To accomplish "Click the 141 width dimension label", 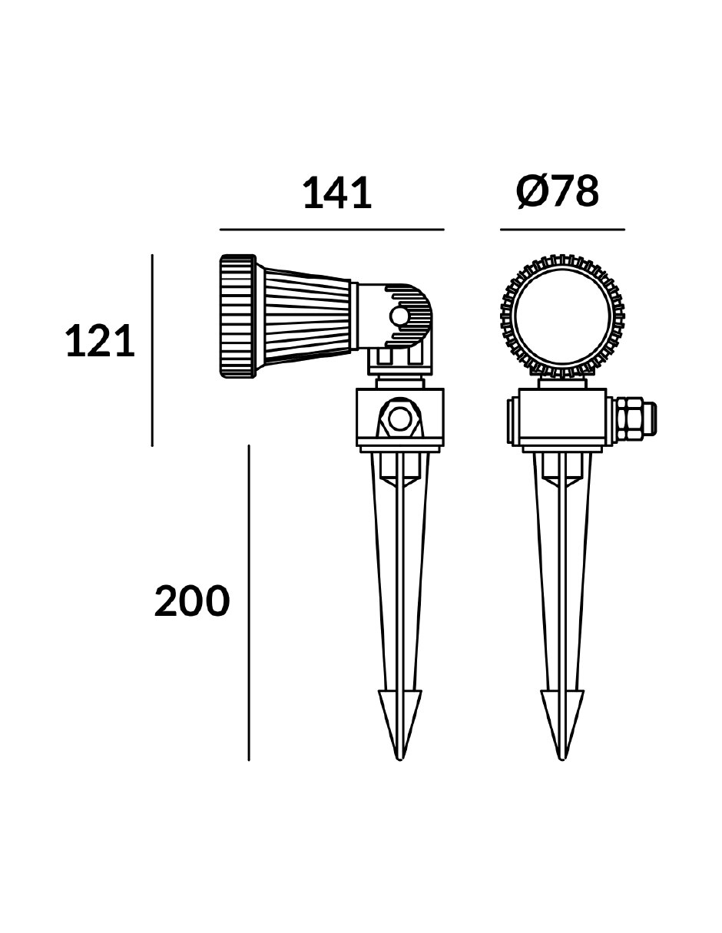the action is pyautogui.click(x=337, y=194).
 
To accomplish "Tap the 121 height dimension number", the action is pyautogui.click(x=100, y=341).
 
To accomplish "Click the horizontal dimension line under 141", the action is pyautogui.click(x=332, y=230).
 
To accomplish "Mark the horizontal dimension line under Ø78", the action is pyautogui.click(x=562, y=230).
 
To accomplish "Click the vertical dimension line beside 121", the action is pyautogui.click(x=152, y=350).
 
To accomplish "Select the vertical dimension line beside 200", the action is pyautogui.click(x=249, y=603).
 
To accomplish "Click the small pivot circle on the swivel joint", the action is pyautogui.click(x=399, y=317).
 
